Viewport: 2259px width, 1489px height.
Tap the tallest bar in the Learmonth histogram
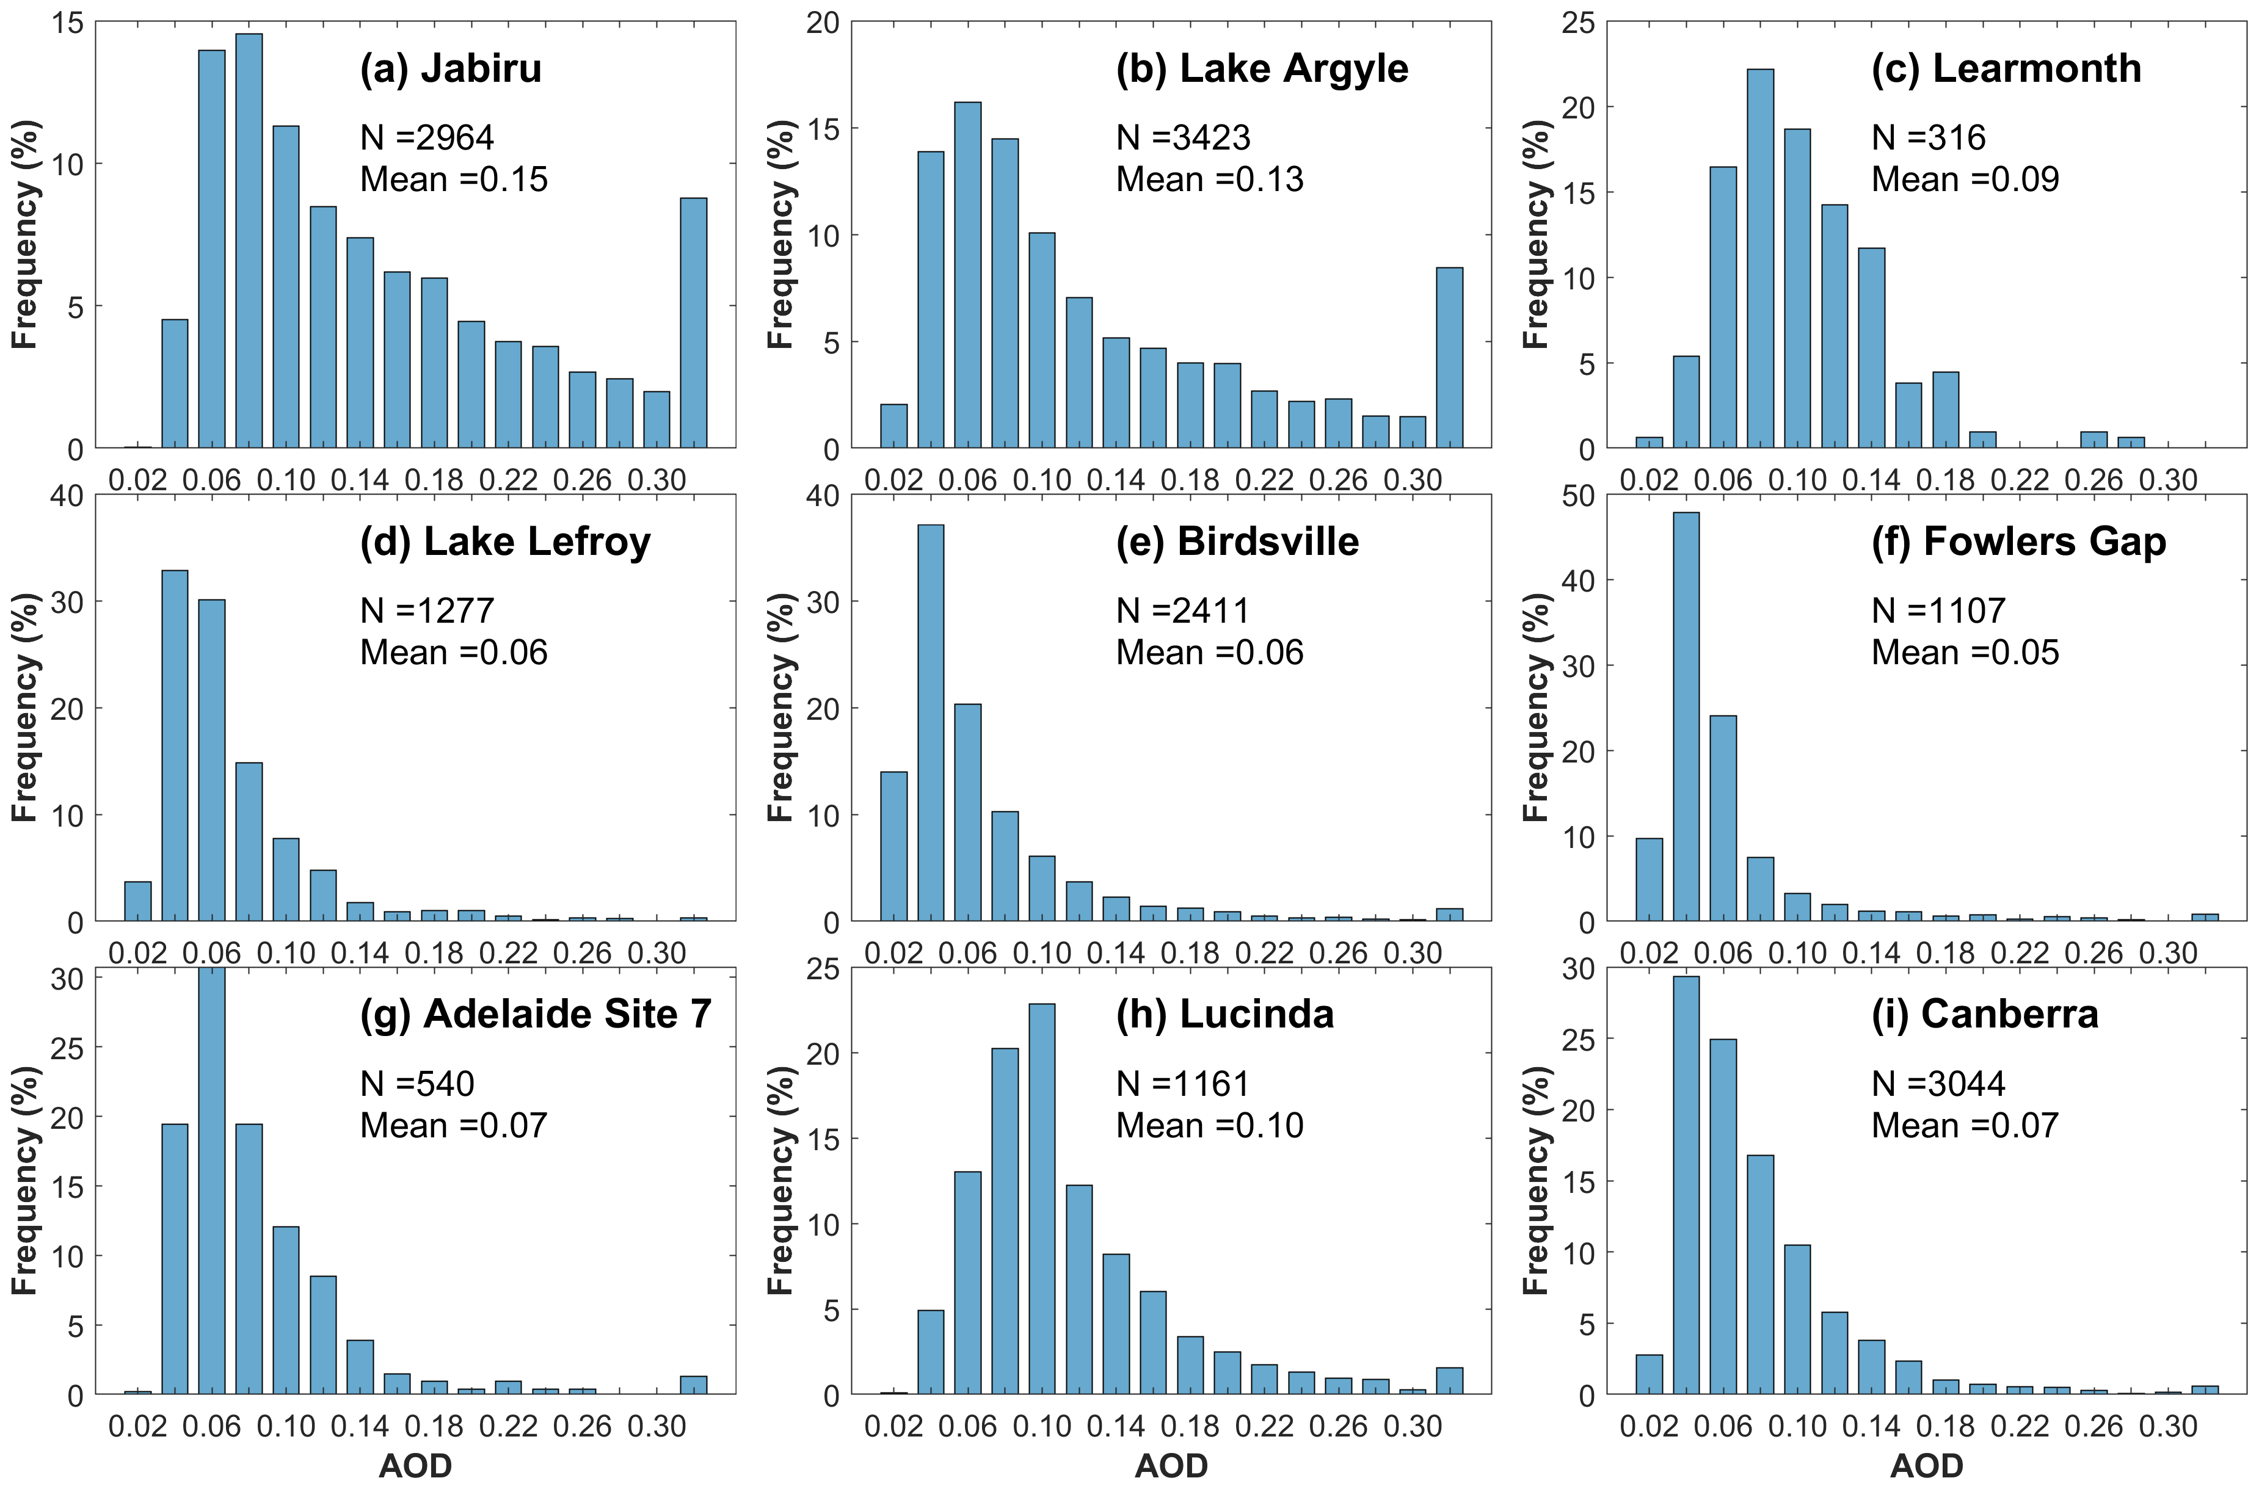tap(1759, 258)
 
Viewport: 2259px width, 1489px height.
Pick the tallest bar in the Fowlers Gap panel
tap(1685, 717)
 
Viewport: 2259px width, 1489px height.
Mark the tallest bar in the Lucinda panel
tap(1041, 1198)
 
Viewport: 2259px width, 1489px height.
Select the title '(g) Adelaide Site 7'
tap(535, 1014)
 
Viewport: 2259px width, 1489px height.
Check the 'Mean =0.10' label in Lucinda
tap(1209, 1125)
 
